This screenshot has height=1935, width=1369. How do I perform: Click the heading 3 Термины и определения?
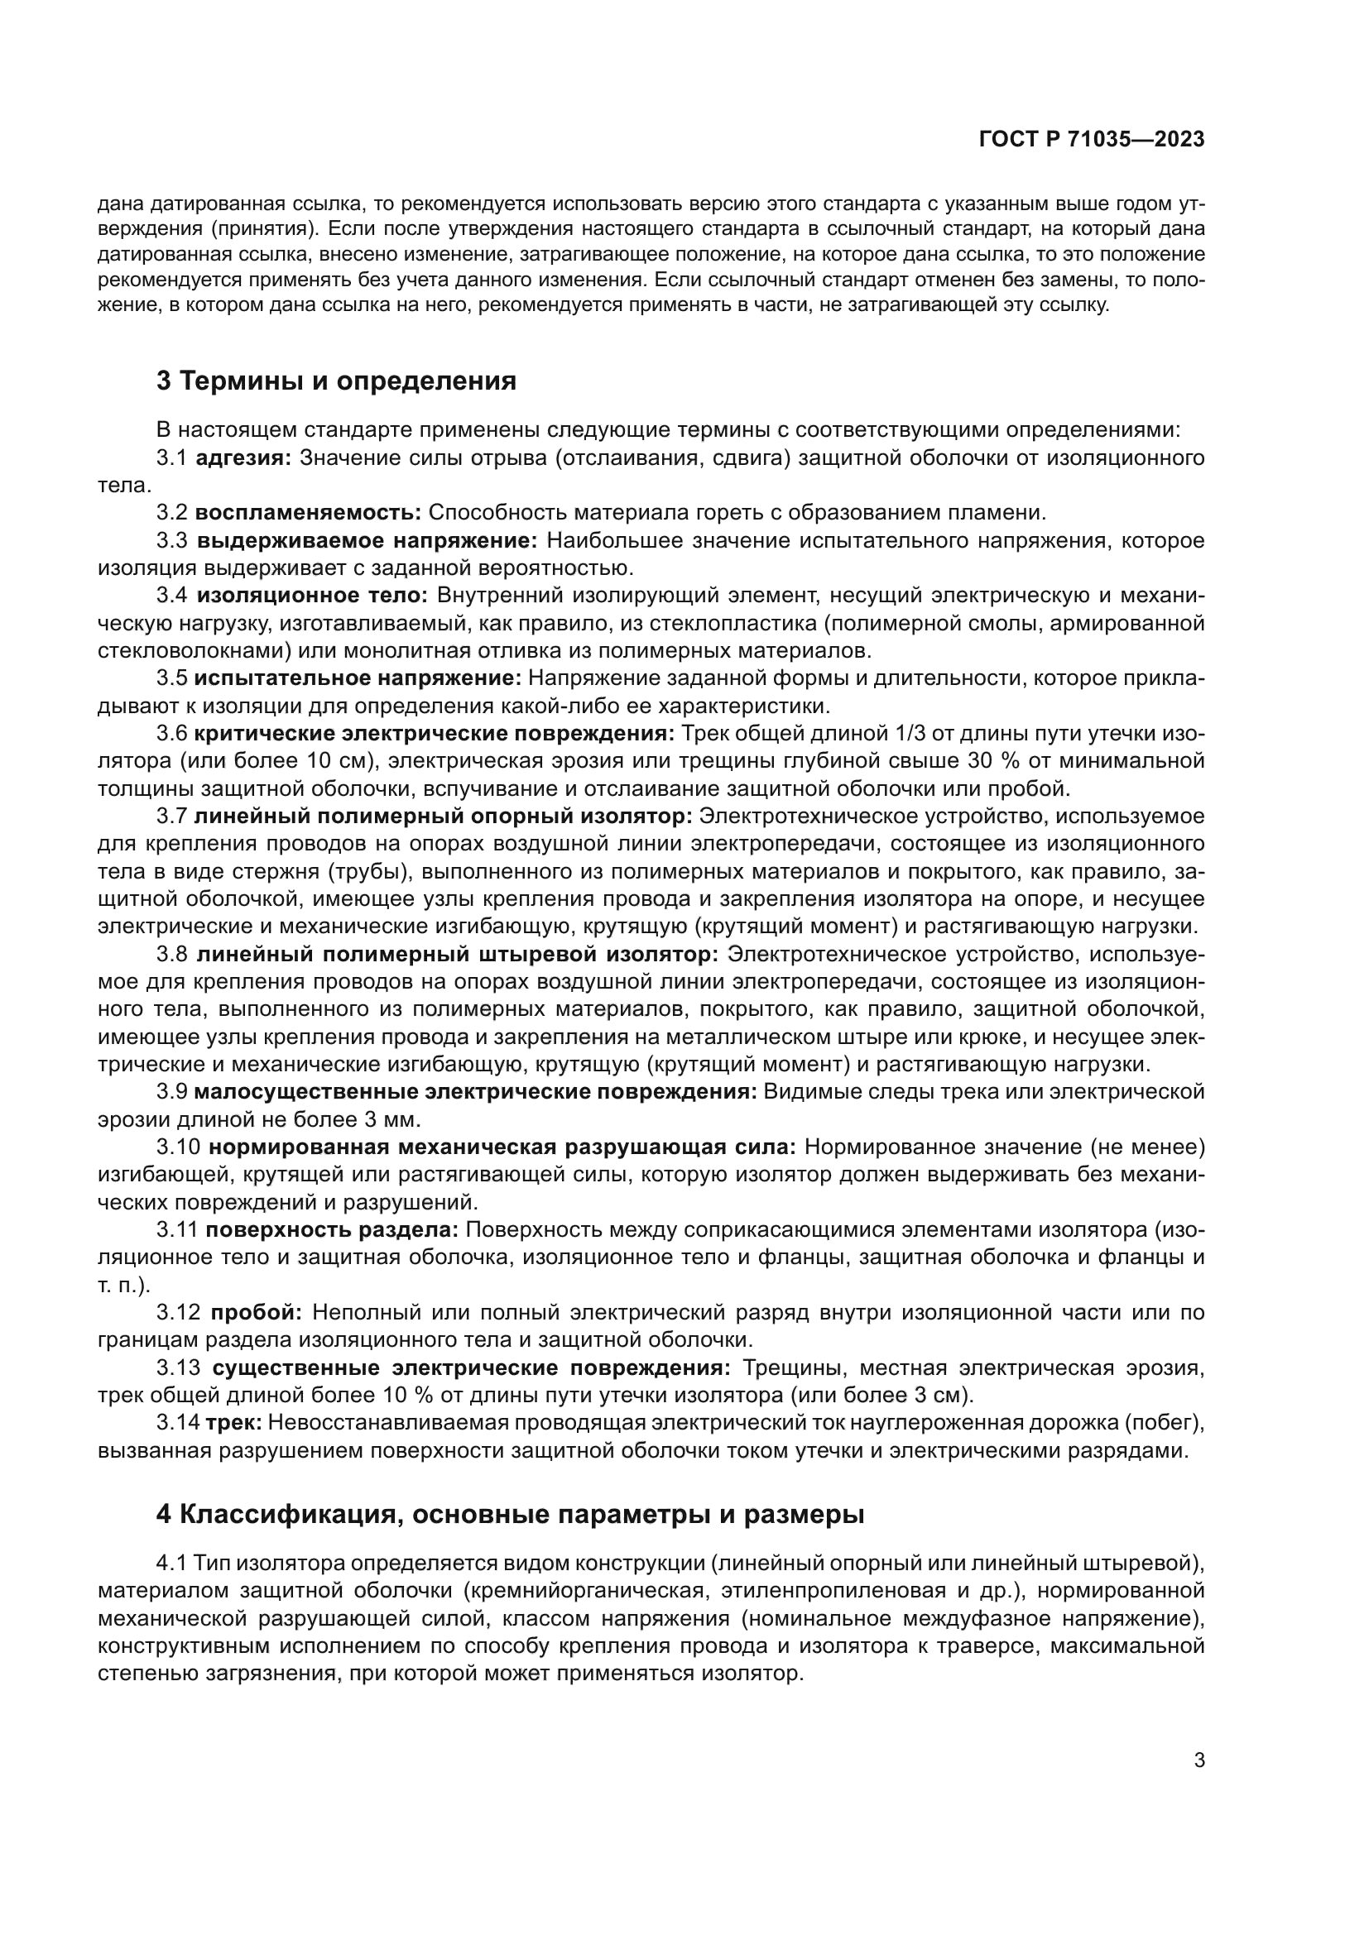click(x=336, y=381)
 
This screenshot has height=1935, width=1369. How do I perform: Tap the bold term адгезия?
click(x=243, y=457)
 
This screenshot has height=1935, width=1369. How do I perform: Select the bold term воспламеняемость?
click(x=308, y=512)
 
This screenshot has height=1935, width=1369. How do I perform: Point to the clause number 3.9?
click(x=172, y=1092)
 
